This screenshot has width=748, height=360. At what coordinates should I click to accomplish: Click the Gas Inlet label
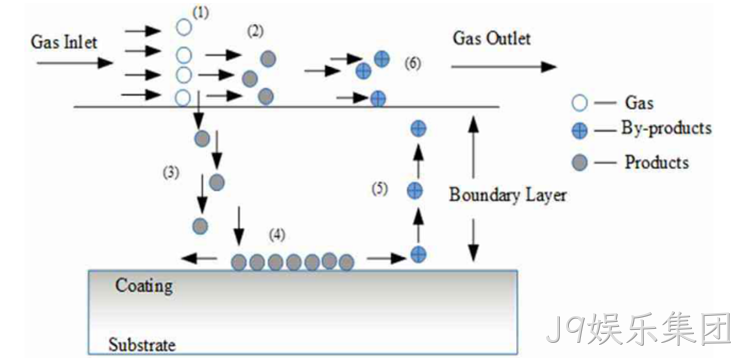pos(64,42)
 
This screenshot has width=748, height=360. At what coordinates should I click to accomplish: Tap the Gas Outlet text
pos(491,38)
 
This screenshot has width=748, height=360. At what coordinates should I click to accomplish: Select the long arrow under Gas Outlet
pos(504,67)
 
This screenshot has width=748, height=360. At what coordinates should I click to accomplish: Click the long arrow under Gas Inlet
pos(74,62)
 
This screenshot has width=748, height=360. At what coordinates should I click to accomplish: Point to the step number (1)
pos(200,13)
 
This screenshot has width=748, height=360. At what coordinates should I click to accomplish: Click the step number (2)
pos(255,31)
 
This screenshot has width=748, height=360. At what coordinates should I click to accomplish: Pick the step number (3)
pos(171,173)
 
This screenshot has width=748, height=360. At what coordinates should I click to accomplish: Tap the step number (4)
pos(277,235)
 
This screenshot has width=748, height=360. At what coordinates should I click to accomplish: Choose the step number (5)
pos(380,189)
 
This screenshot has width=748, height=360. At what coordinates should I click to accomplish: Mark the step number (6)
pos(412,62)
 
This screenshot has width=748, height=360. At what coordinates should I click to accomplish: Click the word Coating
pos(144,287)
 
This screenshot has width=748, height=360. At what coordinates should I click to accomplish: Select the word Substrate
pos(142,344)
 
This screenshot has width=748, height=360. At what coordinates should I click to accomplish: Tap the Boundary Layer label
pos(508,195)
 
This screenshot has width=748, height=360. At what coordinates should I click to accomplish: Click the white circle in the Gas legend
pos(580,103)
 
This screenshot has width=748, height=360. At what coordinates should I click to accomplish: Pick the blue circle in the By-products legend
pos(580,131)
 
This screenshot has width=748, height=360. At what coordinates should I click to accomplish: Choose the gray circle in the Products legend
pos(580,163)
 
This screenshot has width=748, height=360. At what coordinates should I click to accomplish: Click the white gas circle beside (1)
pos(184,26)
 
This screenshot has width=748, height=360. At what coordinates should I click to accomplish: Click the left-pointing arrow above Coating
pos(199,259)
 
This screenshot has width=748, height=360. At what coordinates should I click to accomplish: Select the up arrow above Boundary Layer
pos(473,146)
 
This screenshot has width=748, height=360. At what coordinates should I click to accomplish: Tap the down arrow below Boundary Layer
pos(473,240)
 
